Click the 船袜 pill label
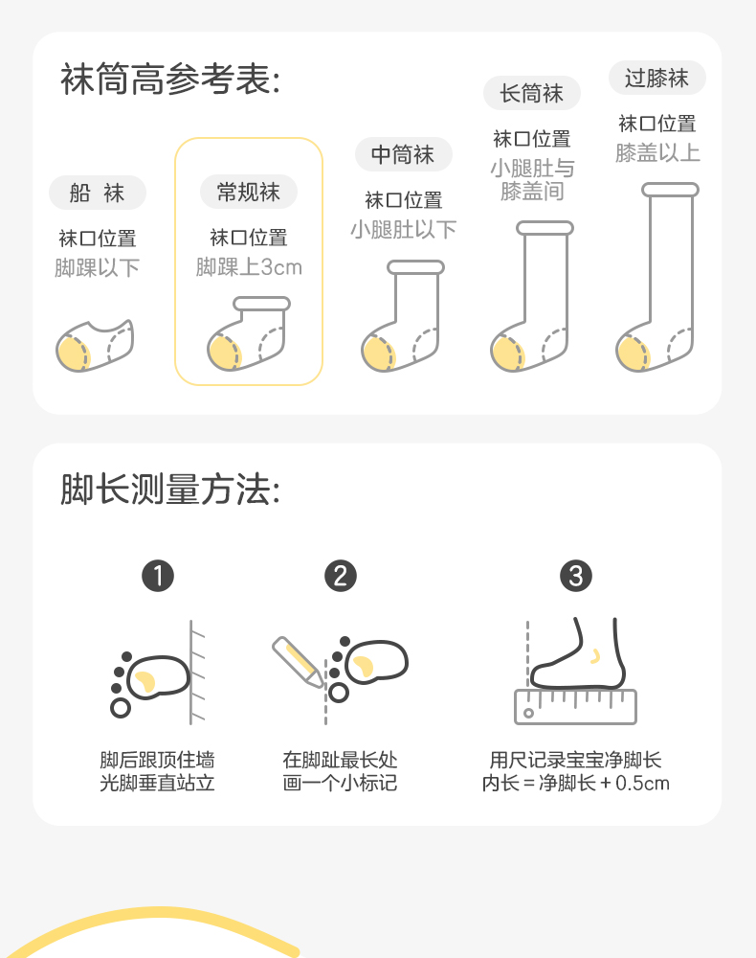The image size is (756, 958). click(x=98, y=193)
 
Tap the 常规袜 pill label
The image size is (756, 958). click(x=249, y=192)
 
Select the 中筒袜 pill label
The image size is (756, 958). click(x=403, y=154)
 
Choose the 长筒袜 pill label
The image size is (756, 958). click(x=531, y=94)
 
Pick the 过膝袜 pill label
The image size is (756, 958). click(x=657, y=79)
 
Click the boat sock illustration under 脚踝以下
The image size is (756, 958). click(x=95, y=345)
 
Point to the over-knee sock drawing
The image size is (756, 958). click(x=657, y=277)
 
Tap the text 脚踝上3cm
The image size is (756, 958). click(x=249, y=267)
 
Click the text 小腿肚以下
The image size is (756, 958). click(x=403, y=230)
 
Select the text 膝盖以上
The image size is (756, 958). click(x=657, y=152)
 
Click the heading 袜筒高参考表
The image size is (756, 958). click(x=170, y=80)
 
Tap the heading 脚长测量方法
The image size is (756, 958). click(x=170, y=490)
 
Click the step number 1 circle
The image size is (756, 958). click(x=158, y=576)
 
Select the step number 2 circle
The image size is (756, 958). click(x=341, y=576)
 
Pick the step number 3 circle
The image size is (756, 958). click(x=576, y=576)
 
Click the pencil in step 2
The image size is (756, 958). click(x=298, y=662)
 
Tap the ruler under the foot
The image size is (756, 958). click(x=575, y=707)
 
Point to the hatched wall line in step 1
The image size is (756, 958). click(x=191, y=673)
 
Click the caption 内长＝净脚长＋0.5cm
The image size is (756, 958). click(x=575, y=783)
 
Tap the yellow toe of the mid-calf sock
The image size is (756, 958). click(x=378, y=354)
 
